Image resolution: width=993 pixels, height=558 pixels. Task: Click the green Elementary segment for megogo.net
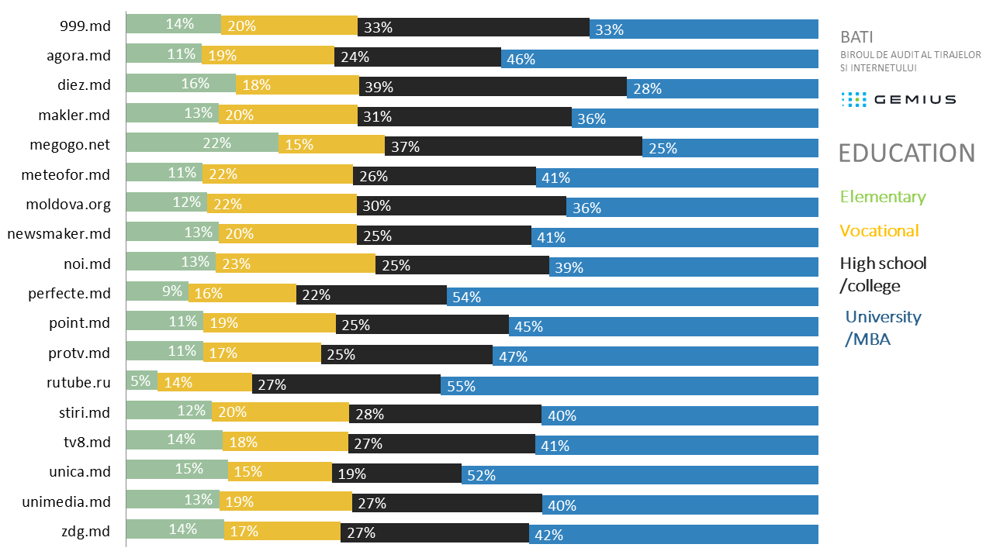(x=202, y=143)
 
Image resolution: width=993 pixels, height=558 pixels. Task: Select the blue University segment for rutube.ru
(x=629, y=385)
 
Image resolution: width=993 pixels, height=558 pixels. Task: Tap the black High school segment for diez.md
(x=493, y=87)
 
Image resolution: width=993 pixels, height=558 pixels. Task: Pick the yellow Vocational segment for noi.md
(x=295, y=263)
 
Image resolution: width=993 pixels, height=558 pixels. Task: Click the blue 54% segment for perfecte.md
(x=632, y=297)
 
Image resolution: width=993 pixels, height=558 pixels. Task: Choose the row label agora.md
(x=78, y=55)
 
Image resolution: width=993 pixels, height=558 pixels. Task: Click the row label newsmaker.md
(x=59, y=233)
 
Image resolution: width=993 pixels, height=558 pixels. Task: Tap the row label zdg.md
(x=85, y=531)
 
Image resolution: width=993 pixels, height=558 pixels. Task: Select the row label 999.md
(x=85, y=26)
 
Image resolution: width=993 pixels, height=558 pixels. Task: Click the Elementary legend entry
(x=883, y=197)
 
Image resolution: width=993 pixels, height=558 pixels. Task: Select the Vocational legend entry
(x=879, y=231)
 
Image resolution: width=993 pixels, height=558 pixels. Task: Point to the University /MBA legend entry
(x=883, y=328)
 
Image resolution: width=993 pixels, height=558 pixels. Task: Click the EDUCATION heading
(x=906, y=153)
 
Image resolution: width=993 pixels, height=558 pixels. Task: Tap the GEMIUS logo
(x=898, y=99)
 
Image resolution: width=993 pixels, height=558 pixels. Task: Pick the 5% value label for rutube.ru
(x=140, y=381)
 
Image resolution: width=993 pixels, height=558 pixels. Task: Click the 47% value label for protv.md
(x=514, y=356)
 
